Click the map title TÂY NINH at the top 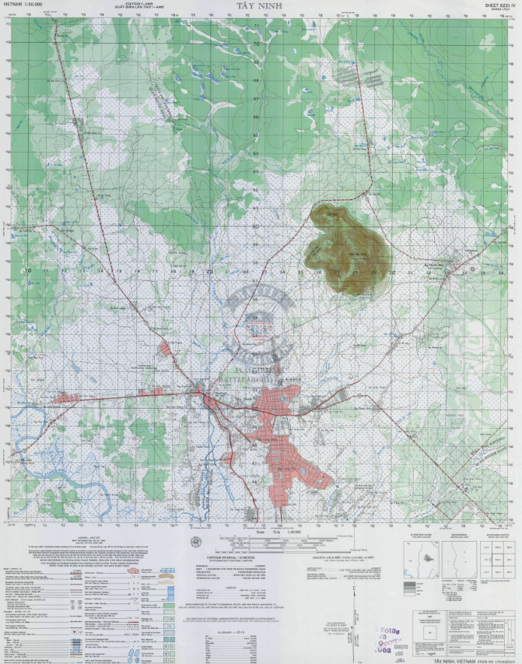(260, 5)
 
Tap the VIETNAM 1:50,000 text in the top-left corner (23, 5)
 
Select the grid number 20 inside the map (210, 272)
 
